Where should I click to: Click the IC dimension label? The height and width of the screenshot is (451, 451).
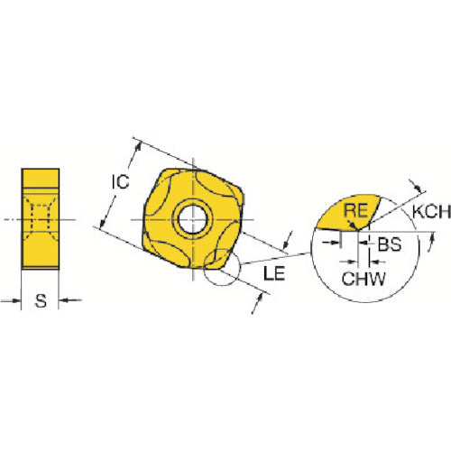121,182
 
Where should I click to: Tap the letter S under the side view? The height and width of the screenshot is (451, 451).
41,300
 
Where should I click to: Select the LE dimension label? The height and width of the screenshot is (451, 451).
274,273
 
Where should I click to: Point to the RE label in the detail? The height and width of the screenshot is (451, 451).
355,210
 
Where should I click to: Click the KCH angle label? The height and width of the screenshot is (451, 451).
431,211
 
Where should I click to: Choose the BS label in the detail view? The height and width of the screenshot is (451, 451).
390,244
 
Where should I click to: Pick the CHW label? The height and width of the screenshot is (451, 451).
364,279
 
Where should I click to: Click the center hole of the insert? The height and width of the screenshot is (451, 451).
192,219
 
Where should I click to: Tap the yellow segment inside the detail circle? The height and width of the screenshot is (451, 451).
348,213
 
